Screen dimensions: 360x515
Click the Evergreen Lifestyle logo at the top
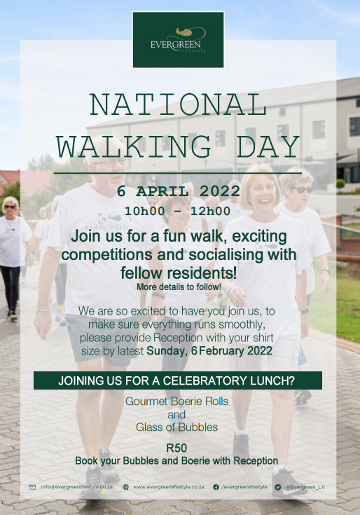point(178,40)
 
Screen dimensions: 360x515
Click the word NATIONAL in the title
point(178,104)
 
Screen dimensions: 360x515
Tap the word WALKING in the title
point(134,146)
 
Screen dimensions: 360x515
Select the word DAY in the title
point(268,146)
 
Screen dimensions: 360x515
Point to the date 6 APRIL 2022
point(179,191)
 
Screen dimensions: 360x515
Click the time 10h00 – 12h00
point(177,211)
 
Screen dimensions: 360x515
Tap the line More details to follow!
point(179,287)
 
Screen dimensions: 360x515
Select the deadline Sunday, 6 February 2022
point(209,351)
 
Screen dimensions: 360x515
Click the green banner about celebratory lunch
point(177,380)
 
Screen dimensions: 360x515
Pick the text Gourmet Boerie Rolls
point(177,401)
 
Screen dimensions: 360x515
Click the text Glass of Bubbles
point(177,427)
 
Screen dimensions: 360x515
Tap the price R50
point(176,448)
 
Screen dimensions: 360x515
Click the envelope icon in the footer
point(32,487)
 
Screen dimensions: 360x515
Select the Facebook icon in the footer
point(216,487)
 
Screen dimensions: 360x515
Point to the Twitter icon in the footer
point(278,487)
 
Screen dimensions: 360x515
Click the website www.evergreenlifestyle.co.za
point(168,487)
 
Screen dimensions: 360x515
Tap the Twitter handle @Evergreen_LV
point(305,487)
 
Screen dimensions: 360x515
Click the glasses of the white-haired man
point(111,162)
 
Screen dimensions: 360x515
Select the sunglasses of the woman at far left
point(10,207)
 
